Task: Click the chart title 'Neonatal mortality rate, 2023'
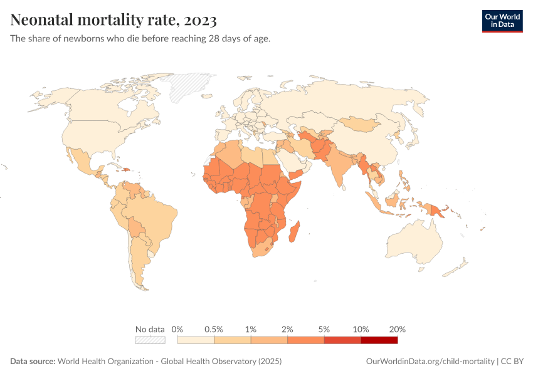[x=113, y=20]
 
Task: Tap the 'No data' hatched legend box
[x=150, y=340]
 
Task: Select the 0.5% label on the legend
[x=214, y=329]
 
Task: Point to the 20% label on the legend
[x=398, y=329]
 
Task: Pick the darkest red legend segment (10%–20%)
[x=379, y=340]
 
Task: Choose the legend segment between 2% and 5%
[x=305, y=340]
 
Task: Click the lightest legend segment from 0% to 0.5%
[x=196, y=340]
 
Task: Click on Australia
[x=417, y=241]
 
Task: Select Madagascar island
[x=294, y=232]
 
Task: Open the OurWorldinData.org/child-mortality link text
[x=430, y=362]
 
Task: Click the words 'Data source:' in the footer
[x=33, y=362]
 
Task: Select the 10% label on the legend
[x=361, y=329]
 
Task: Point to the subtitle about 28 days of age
[x=140, y=39]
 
